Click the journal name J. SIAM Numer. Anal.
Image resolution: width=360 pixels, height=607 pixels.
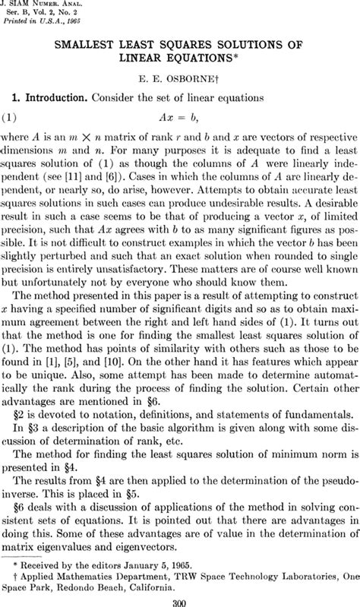pyautogui.click(x=38, y=5)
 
